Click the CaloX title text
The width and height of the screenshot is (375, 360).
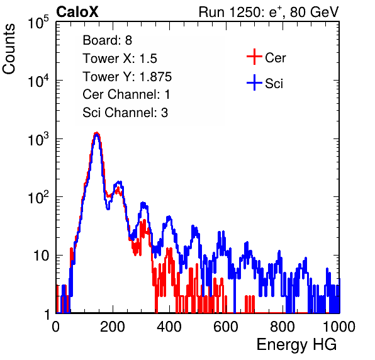click(77, 12)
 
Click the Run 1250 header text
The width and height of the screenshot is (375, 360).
click(269, 12)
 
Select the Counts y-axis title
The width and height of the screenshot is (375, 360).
click(9, 49)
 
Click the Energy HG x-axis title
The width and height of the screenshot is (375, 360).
click(296, 345)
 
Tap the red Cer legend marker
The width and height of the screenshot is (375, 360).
click(254, 57)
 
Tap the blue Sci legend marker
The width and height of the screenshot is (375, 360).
click(254, 82)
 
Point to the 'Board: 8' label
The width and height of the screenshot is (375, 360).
click(108, 40)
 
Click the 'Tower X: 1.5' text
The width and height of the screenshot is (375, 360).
click(120, 59)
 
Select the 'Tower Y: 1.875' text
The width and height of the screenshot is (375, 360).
click(127, 77)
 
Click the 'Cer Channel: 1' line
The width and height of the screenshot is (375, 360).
click(126, 94)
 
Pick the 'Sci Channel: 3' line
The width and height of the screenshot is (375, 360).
click(125, 113)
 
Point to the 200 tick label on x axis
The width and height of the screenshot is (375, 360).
click(113, 327)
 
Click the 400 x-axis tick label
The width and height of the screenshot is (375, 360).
click(169, 327)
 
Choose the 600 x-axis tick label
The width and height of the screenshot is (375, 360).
click(226, 327)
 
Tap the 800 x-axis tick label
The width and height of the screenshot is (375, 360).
click(283, 327)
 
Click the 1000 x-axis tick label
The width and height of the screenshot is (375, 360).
click(339, 327)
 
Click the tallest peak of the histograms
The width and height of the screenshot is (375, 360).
click(96, 133)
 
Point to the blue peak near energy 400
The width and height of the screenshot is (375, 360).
click(169, 217)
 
